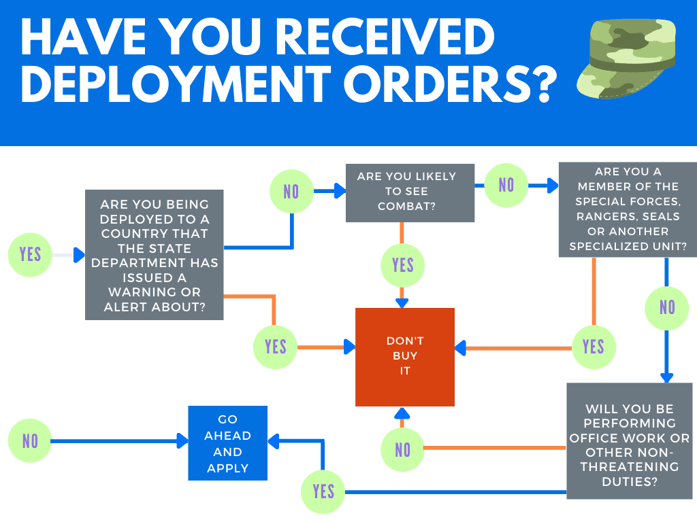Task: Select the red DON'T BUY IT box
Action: coord(405,357)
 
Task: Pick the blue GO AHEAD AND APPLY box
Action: coord(227,443)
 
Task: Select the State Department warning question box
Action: coord(154,255)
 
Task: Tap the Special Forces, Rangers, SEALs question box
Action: coord(627,209)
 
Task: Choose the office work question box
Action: coord(630,441)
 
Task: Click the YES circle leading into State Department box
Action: coord(30,255)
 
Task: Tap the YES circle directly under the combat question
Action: coord(403,265)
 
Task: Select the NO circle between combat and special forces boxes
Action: coord(506,185)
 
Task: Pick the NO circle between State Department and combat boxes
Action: coord(291,192)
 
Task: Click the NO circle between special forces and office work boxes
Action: coord(667,308)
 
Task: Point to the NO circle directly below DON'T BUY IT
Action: coord(403,449)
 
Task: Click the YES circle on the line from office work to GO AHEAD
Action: coord(323,491)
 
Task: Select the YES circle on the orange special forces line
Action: coord(593,347)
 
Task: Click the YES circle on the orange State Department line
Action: coord(275,347)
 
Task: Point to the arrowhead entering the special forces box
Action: coord(553,186)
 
